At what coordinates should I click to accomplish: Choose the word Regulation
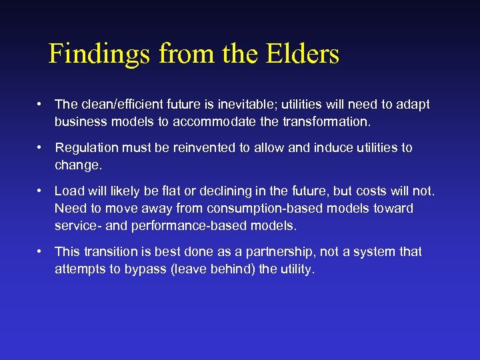point(87,148)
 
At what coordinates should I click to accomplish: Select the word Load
point(68,191)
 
